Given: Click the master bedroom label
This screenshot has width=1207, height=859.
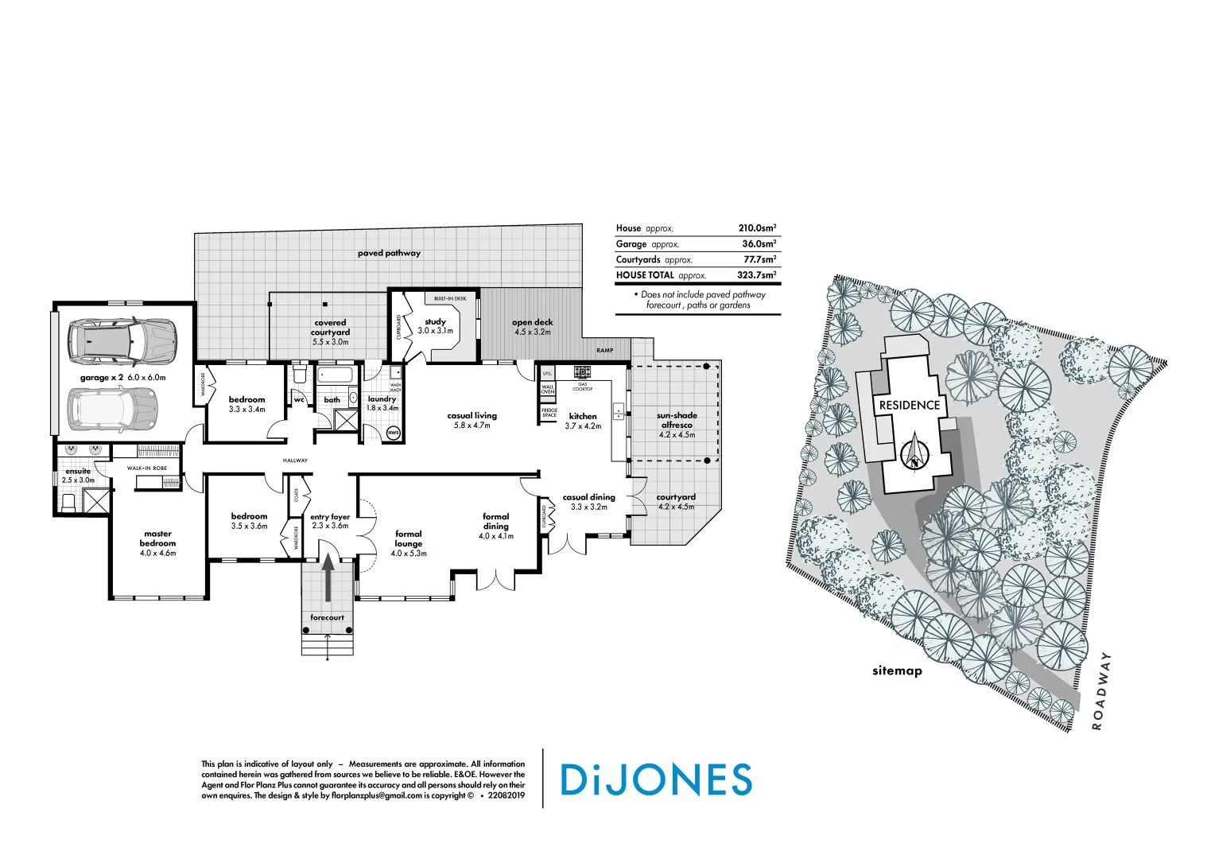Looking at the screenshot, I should (x=157, y=538).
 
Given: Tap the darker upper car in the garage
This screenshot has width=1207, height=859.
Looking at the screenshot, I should (x=121, y=340).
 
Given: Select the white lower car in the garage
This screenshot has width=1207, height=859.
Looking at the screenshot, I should (x=112, y=408).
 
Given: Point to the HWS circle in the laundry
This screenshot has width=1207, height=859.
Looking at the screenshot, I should (x=393, y=433).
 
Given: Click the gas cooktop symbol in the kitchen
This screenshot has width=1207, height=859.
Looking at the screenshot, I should (x=582, y=371).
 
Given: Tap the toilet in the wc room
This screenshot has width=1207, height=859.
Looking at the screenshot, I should (x=300, y=373).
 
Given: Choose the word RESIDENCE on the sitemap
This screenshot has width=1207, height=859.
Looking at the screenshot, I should (x=909, y=405).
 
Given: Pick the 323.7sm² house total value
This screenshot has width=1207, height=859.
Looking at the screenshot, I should (x=756, y=275).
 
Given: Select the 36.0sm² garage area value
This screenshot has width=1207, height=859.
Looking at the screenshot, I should (x=759, y=244).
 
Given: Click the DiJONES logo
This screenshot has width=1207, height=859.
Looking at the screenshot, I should (x=656, y=779).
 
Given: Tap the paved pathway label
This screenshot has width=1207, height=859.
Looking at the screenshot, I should (x=389, y=253).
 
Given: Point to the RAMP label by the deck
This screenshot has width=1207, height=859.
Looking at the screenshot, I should (x=604, y=351).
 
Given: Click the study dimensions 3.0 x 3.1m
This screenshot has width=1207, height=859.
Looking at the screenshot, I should (x=435, y=331).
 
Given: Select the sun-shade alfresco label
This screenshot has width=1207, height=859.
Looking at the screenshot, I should (x=677, y=420).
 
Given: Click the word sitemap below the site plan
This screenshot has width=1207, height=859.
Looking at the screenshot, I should (x=897, y=670).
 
